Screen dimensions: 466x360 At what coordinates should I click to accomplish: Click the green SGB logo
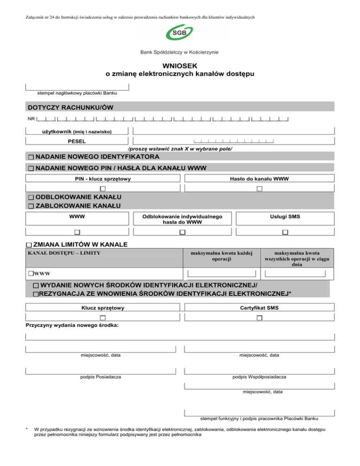coord(180,34)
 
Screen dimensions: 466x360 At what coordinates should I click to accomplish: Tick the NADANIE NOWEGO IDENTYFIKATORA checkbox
coord(30,157)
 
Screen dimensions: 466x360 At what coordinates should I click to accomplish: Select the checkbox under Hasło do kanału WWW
coord(259,188)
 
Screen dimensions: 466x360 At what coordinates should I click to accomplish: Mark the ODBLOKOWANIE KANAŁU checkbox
coord(30,197)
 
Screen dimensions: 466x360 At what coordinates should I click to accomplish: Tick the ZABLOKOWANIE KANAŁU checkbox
coord(30,206)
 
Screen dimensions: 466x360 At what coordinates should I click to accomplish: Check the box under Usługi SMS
coord(285,233)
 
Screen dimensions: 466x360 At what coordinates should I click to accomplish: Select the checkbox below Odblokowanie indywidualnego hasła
coord(182,233)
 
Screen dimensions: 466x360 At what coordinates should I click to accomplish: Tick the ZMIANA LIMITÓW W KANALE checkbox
coord(30,245)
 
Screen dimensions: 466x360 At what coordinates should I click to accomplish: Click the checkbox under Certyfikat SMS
coord(259,319)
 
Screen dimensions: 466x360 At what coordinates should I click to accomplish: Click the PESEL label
coord(77,141)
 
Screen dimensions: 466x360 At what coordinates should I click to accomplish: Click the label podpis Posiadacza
coord(101,377)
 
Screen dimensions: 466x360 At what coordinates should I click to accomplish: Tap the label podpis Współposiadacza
coord(259,377)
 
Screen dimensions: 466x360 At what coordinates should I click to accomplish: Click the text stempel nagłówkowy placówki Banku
coord(77,93)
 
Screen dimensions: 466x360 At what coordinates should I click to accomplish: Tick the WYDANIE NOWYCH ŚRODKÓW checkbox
coord(36,286)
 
